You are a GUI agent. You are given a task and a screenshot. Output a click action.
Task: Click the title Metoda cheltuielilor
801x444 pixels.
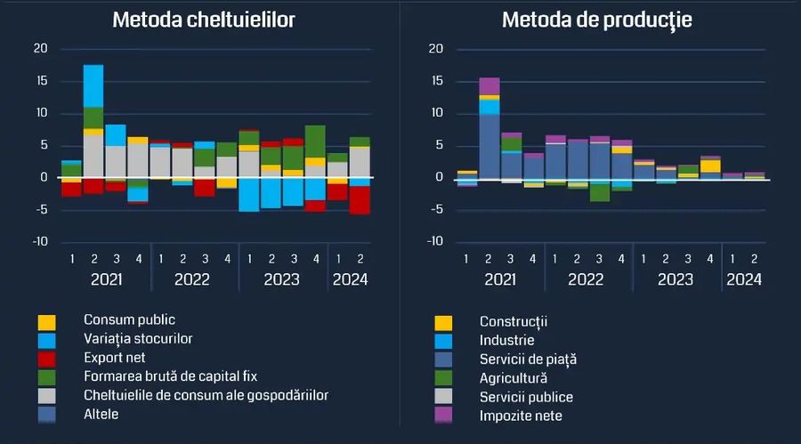point(204,20)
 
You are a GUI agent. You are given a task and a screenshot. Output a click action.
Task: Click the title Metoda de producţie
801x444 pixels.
point(596,20)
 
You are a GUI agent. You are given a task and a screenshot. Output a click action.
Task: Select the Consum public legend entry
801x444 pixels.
point(129,319)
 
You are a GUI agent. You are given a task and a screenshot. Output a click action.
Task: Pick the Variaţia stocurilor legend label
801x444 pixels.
point(138,338)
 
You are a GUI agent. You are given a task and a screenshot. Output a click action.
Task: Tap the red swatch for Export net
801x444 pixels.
point(46,358)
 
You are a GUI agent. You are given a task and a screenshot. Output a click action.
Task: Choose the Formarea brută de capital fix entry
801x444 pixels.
point(170,376)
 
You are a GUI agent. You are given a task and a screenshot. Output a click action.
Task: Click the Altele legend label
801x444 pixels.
point(101,414)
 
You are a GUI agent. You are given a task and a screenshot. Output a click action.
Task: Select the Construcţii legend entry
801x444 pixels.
point(513,321)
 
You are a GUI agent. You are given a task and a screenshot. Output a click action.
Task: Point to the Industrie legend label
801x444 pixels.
point(506,340)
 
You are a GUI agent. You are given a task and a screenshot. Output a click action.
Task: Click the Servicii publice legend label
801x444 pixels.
point(526,397)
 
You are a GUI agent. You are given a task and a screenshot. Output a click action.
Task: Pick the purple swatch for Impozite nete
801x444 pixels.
point(442,416)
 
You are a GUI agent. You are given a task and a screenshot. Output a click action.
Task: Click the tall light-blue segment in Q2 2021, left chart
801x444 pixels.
point(93,85)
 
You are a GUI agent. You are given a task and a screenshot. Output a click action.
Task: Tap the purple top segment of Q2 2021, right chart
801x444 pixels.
point(489,85)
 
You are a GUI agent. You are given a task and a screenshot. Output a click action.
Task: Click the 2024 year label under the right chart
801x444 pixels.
point(744,279)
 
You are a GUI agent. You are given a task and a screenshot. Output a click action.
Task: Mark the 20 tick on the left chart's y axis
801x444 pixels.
point(40,49)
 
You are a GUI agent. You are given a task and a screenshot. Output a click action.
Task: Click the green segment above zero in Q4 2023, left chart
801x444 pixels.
point(315,141)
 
